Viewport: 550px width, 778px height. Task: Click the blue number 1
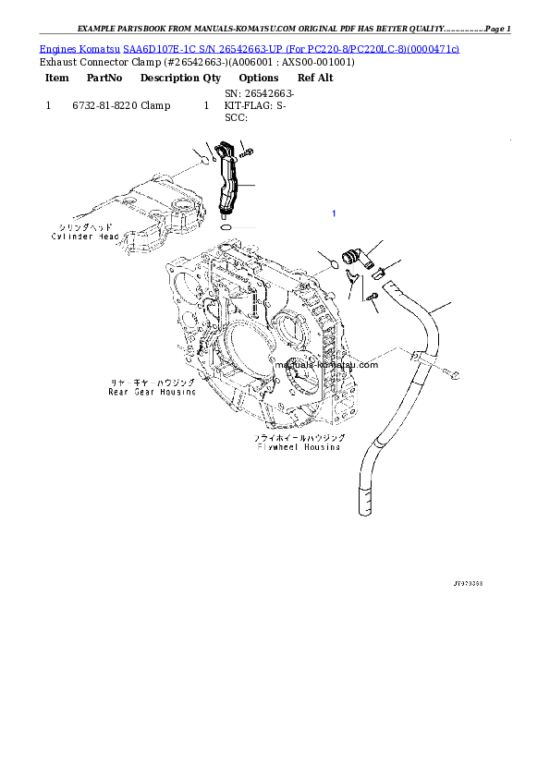(x=334, y=213)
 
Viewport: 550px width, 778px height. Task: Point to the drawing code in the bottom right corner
(x=468, y=585)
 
